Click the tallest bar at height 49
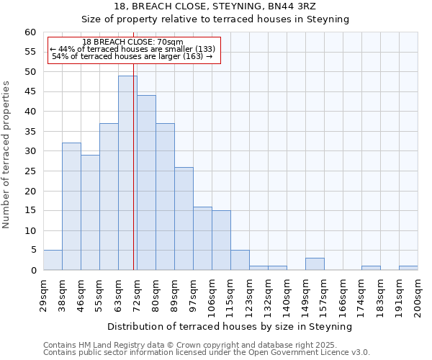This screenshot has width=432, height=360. tap(127, 173)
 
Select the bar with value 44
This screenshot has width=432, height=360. tap(146, 183)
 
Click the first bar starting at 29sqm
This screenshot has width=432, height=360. tap(53, 260)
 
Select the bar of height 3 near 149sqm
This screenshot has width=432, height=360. tap(315, 264)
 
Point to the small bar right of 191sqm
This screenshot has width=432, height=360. tap(408, 268)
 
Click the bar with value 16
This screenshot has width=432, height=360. tap(202, 238)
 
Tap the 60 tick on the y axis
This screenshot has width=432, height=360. tap(30, 32)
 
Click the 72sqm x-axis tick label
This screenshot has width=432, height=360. tap(138, 294)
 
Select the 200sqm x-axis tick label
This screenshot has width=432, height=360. tap(418, 295)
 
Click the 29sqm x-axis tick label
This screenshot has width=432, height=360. tap(44, 294)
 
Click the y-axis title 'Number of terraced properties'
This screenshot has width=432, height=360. tap(6, 154)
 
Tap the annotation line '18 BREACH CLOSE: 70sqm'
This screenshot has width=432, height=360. tap(132, 42)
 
